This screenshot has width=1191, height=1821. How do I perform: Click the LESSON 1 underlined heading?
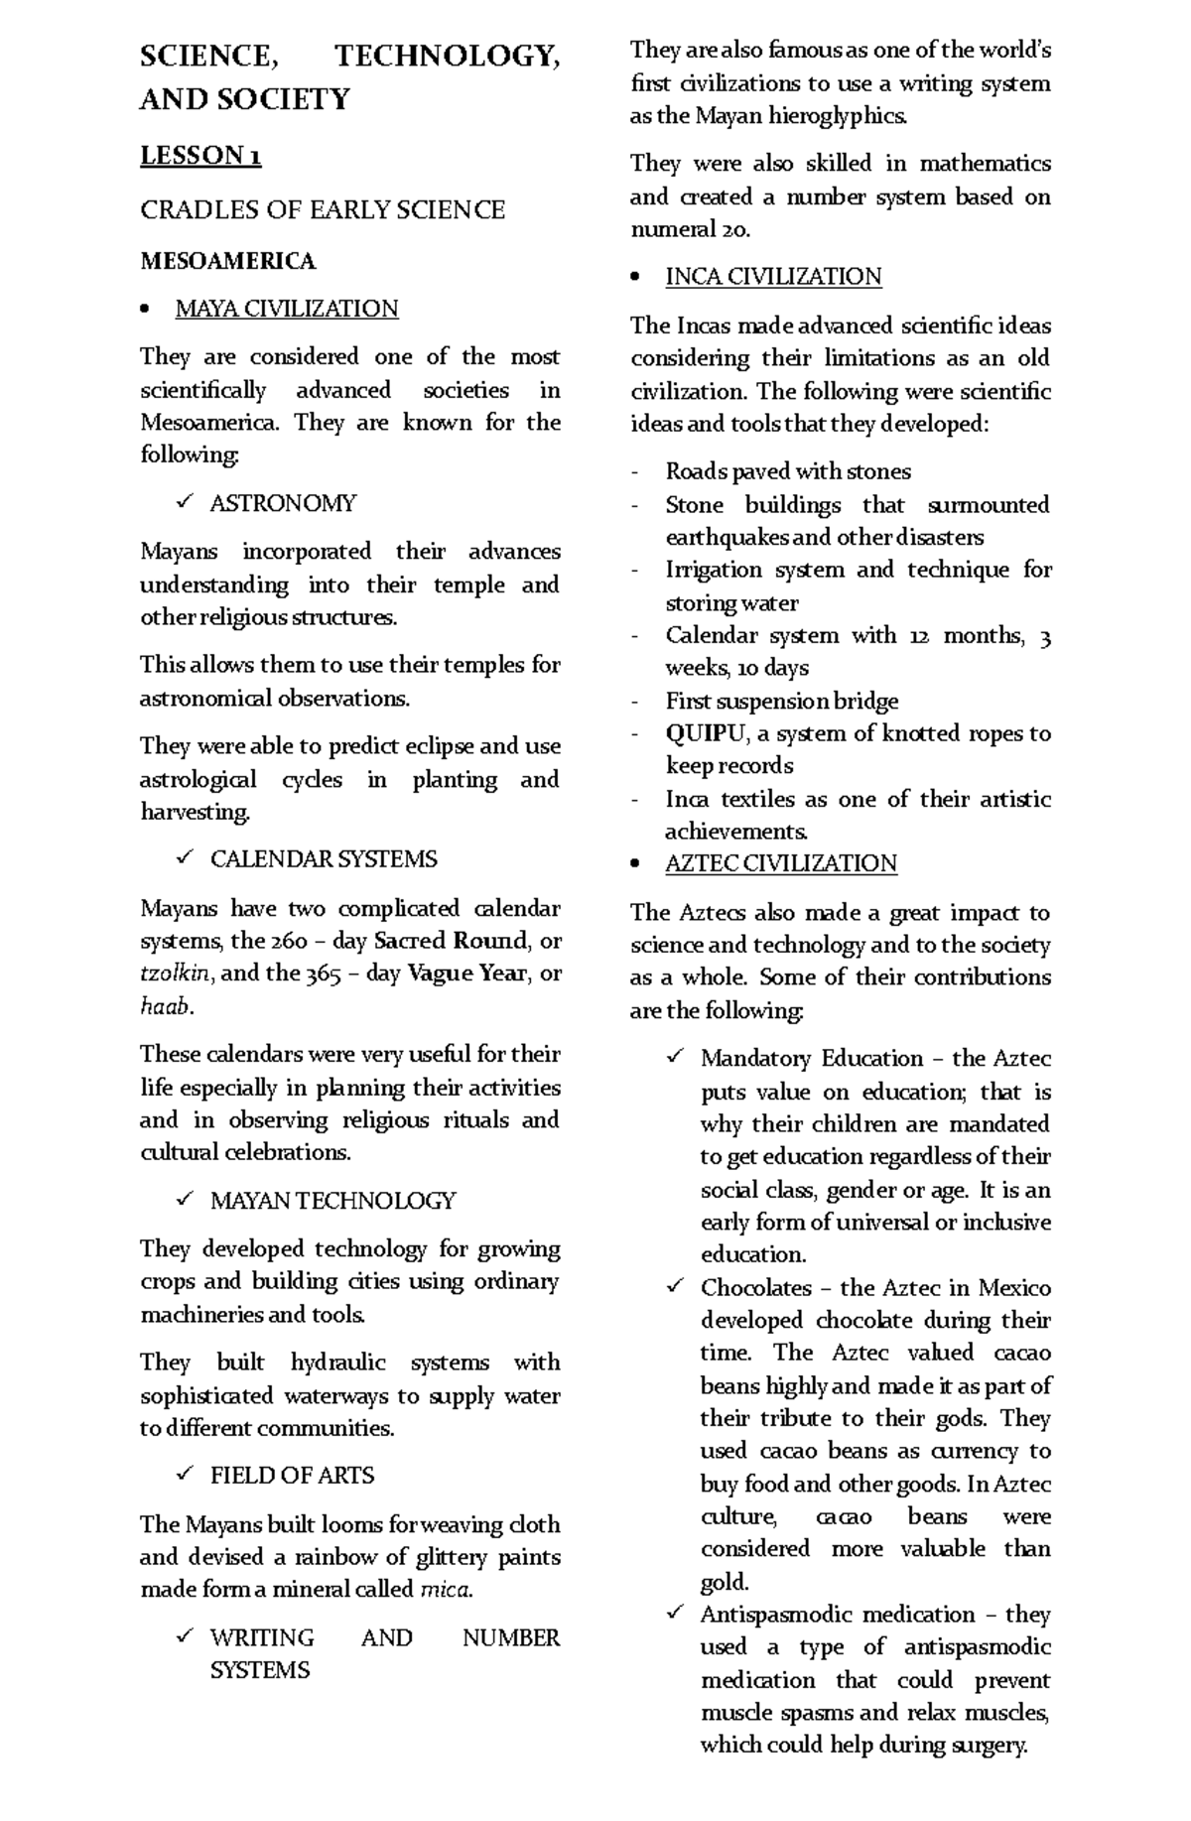[200, 156]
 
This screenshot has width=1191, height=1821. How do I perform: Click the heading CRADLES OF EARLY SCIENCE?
[323, 209]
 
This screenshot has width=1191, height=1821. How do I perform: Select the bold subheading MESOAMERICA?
[227, 261]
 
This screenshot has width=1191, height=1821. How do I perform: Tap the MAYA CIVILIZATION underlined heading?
[286, 309]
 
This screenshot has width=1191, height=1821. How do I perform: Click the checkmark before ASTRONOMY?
[184, 503]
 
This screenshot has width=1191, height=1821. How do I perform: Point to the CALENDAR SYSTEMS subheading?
[324, 858]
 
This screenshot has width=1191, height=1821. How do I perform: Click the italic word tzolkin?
[175, 974]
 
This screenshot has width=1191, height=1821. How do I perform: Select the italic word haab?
[164, 1006]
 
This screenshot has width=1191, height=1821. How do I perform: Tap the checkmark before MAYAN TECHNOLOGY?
[184, 1200]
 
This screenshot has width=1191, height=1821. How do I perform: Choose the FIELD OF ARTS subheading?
[292, 1476]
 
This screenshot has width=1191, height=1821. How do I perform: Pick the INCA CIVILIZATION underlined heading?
[773, 277]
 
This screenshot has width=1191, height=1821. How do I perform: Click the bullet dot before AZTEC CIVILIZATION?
[636, 864]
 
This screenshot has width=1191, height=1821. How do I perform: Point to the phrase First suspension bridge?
[781, 701]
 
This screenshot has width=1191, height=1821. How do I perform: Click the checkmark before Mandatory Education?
[675, 1059]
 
